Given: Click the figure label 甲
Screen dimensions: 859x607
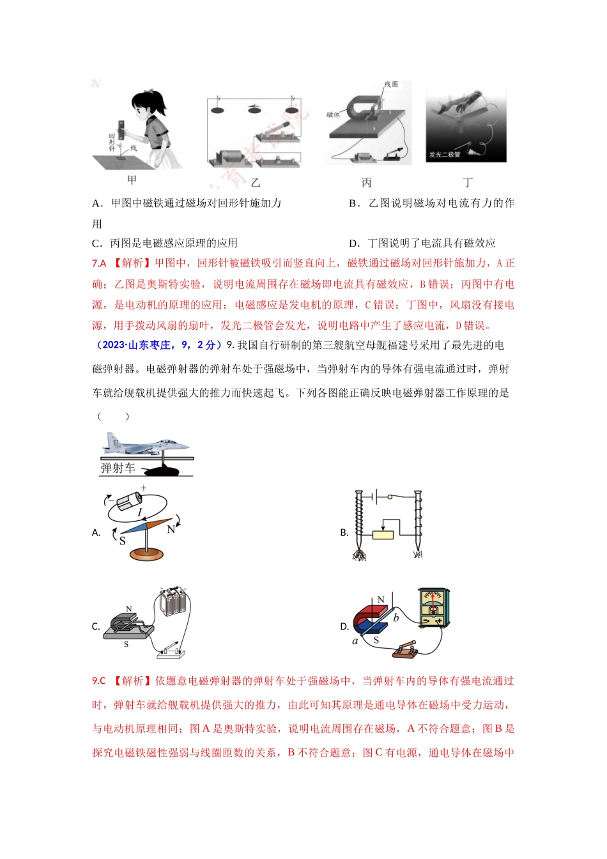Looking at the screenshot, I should [132, 180].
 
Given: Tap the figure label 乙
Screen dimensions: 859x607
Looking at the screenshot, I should [256, 183].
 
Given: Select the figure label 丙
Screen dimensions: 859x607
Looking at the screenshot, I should [366, 183].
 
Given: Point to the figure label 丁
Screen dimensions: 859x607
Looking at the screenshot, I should [468, 183].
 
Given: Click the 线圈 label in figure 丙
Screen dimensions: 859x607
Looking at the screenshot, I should [391, 84].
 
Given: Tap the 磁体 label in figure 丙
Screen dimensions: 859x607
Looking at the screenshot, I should [333, 115].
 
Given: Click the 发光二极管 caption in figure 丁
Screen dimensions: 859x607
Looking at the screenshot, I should [445, 155].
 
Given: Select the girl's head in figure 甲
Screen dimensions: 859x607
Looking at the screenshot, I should [148, 105].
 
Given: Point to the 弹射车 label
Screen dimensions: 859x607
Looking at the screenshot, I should [118, 468].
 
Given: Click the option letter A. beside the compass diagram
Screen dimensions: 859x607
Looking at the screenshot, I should [96, 532].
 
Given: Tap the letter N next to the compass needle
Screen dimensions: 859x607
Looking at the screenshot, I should [171, 529].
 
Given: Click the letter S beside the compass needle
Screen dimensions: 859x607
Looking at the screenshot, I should [122, 541].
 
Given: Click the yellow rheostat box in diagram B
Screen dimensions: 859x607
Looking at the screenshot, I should [383, 534].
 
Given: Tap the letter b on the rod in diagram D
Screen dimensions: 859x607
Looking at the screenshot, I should [396, 617].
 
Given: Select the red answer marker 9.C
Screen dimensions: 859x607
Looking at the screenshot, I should [98, 681].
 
